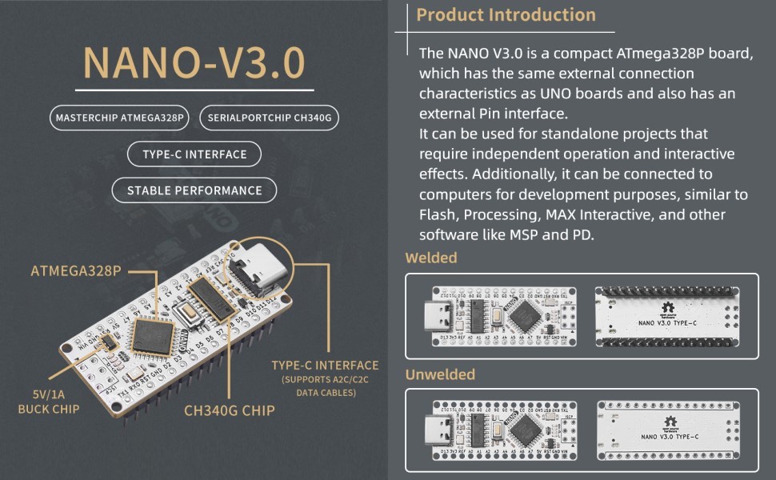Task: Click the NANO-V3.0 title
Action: pyautogui.click(x=194, y=64)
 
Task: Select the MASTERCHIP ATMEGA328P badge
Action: pyautogui.click(x=118, y=118)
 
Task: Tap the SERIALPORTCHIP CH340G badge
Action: pyautogui.click(x=269, y=118)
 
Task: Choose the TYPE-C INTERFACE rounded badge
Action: pyautogui.click(x=194, y=154)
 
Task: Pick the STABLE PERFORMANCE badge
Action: pyautogui.click(x=194, y=190)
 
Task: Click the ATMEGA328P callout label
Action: pyautogui.click(x=76, y=270)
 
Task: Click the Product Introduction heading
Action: pyautogui.click(x=506, y=15)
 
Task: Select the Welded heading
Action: pyautogui.click(x=431, y=258)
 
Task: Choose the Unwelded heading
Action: pyautogui.click(x=440, y=374)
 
